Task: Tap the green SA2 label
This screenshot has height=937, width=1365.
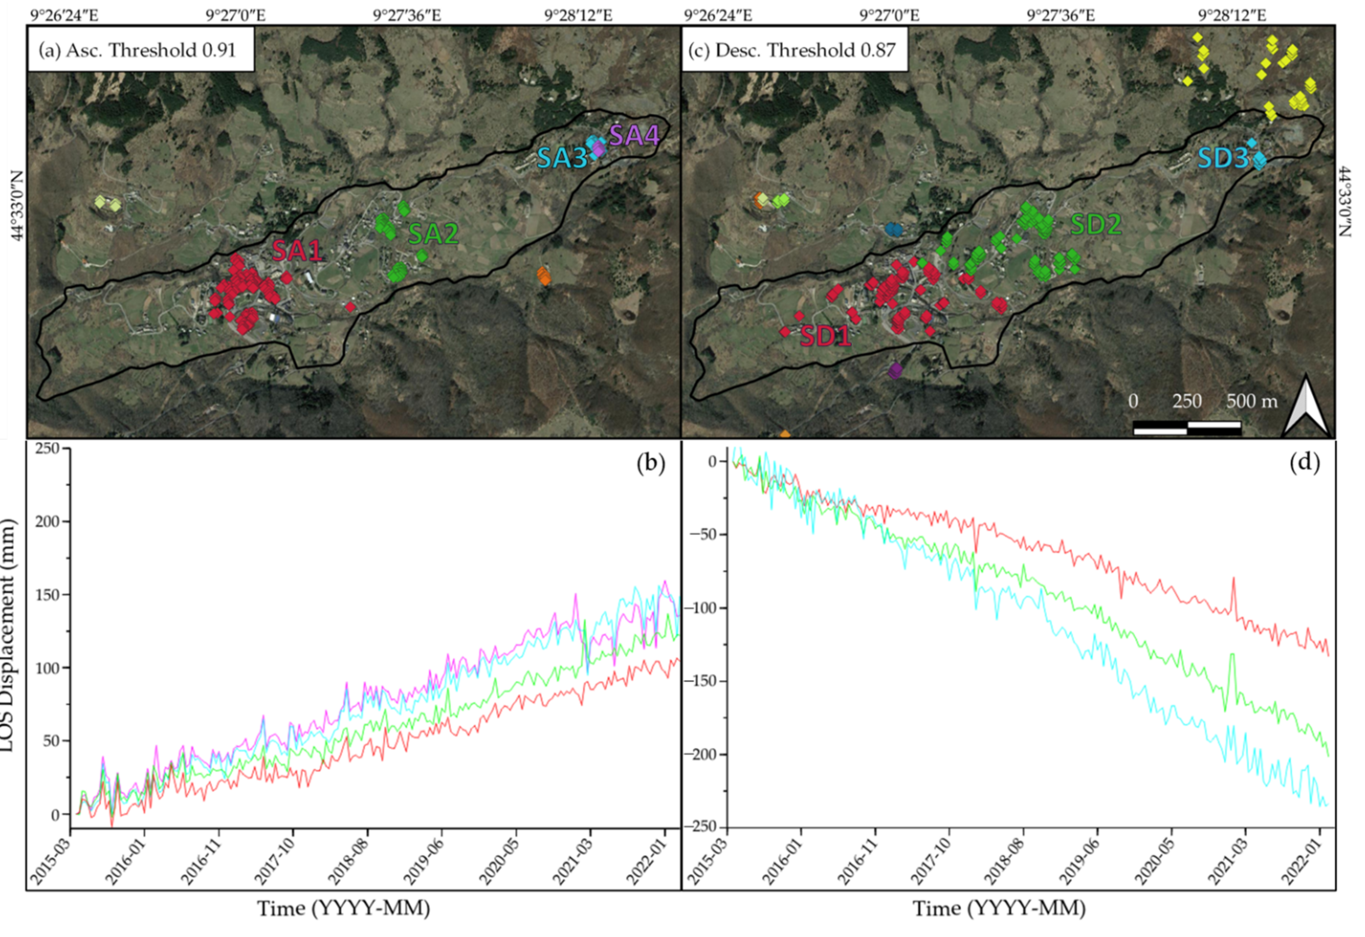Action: (x=433, y=234)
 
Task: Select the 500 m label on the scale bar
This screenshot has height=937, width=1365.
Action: (x=1252, y=401)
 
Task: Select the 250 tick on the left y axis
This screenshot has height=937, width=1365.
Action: (x=48, y=449)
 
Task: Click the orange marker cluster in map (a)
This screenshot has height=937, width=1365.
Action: (x=544, y=275)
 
